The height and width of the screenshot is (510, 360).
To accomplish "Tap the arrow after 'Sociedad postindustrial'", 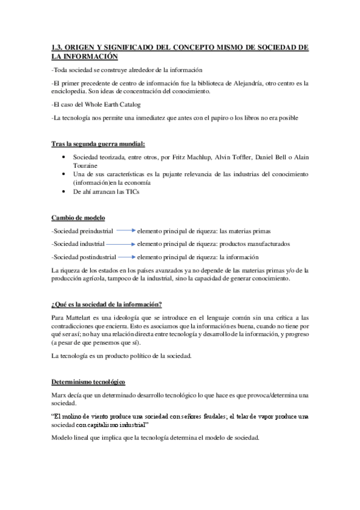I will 127,257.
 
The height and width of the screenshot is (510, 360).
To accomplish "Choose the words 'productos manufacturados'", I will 254,244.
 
